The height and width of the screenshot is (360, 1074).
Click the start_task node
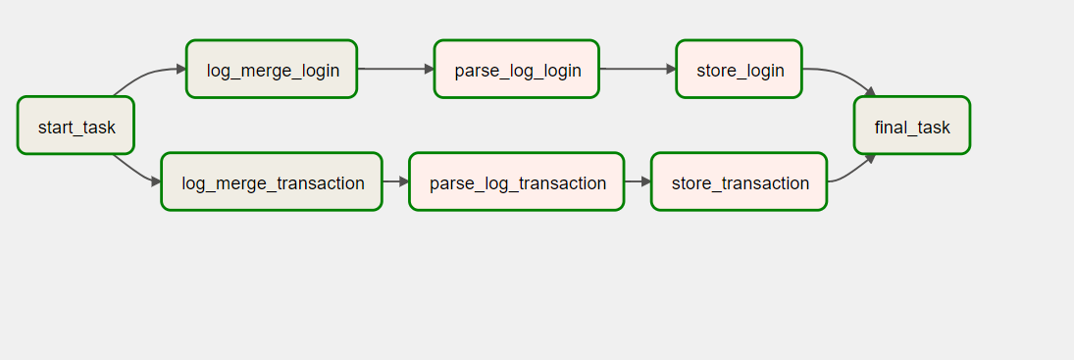tap(75, 126)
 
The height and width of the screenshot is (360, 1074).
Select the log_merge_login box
tap(272, 70)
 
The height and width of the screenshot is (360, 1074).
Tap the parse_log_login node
tap(516, 70)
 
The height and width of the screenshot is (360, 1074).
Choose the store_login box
tap(739, 70)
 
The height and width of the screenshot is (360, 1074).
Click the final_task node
tap(911, 126)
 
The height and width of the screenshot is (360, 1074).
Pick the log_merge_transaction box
tap(272, 182)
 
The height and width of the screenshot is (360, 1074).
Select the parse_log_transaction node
tap(516, 182)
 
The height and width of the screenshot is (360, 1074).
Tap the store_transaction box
tap(739, 182)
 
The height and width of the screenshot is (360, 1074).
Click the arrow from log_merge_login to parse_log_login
tap(395, 70)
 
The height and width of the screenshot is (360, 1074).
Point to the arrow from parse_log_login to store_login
tap(637, 70)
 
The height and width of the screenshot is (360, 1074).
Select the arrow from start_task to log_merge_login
tap(147, 75)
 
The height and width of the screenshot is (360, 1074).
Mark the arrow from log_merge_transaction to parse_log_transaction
tap(395, 181)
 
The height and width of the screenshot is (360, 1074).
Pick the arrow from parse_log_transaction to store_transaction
tap(638, 181)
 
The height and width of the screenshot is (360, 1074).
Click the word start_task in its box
tap(77, 128)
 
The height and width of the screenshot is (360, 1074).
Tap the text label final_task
tap(912, 128)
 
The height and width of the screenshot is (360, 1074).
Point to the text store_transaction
tap(741, 183)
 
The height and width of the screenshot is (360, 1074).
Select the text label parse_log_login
tap(518, 71)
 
